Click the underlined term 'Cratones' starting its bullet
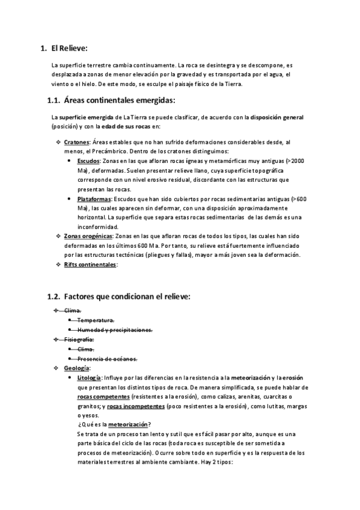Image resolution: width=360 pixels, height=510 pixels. [x=77, y=142]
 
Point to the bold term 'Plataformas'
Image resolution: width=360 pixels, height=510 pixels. [x=94, y=198]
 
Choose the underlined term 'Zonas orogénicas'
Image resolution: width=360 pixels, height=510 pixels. [x=88, y=236]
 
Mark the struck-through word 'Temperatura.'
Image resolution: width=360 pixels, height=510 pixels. [x=96, y=320]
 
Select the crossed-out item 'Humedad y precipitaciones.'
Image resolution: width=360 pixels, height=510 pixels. [x=115, y=330]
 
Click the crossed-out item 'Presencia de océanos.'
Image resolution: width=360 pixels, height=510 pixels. [x=107, y=358]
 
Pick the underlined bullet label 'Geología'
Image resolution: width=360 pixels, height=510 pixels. [x=77, y=368]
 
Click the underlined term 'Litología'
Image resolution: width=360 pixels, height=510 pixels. [x=90, y=378]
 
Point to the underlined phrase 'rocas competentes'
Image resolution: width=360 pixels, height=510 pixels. [x=103, y=397]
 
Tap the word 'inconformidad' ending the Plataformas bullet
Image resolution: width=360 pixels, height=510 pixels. [x=97, y=227]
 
